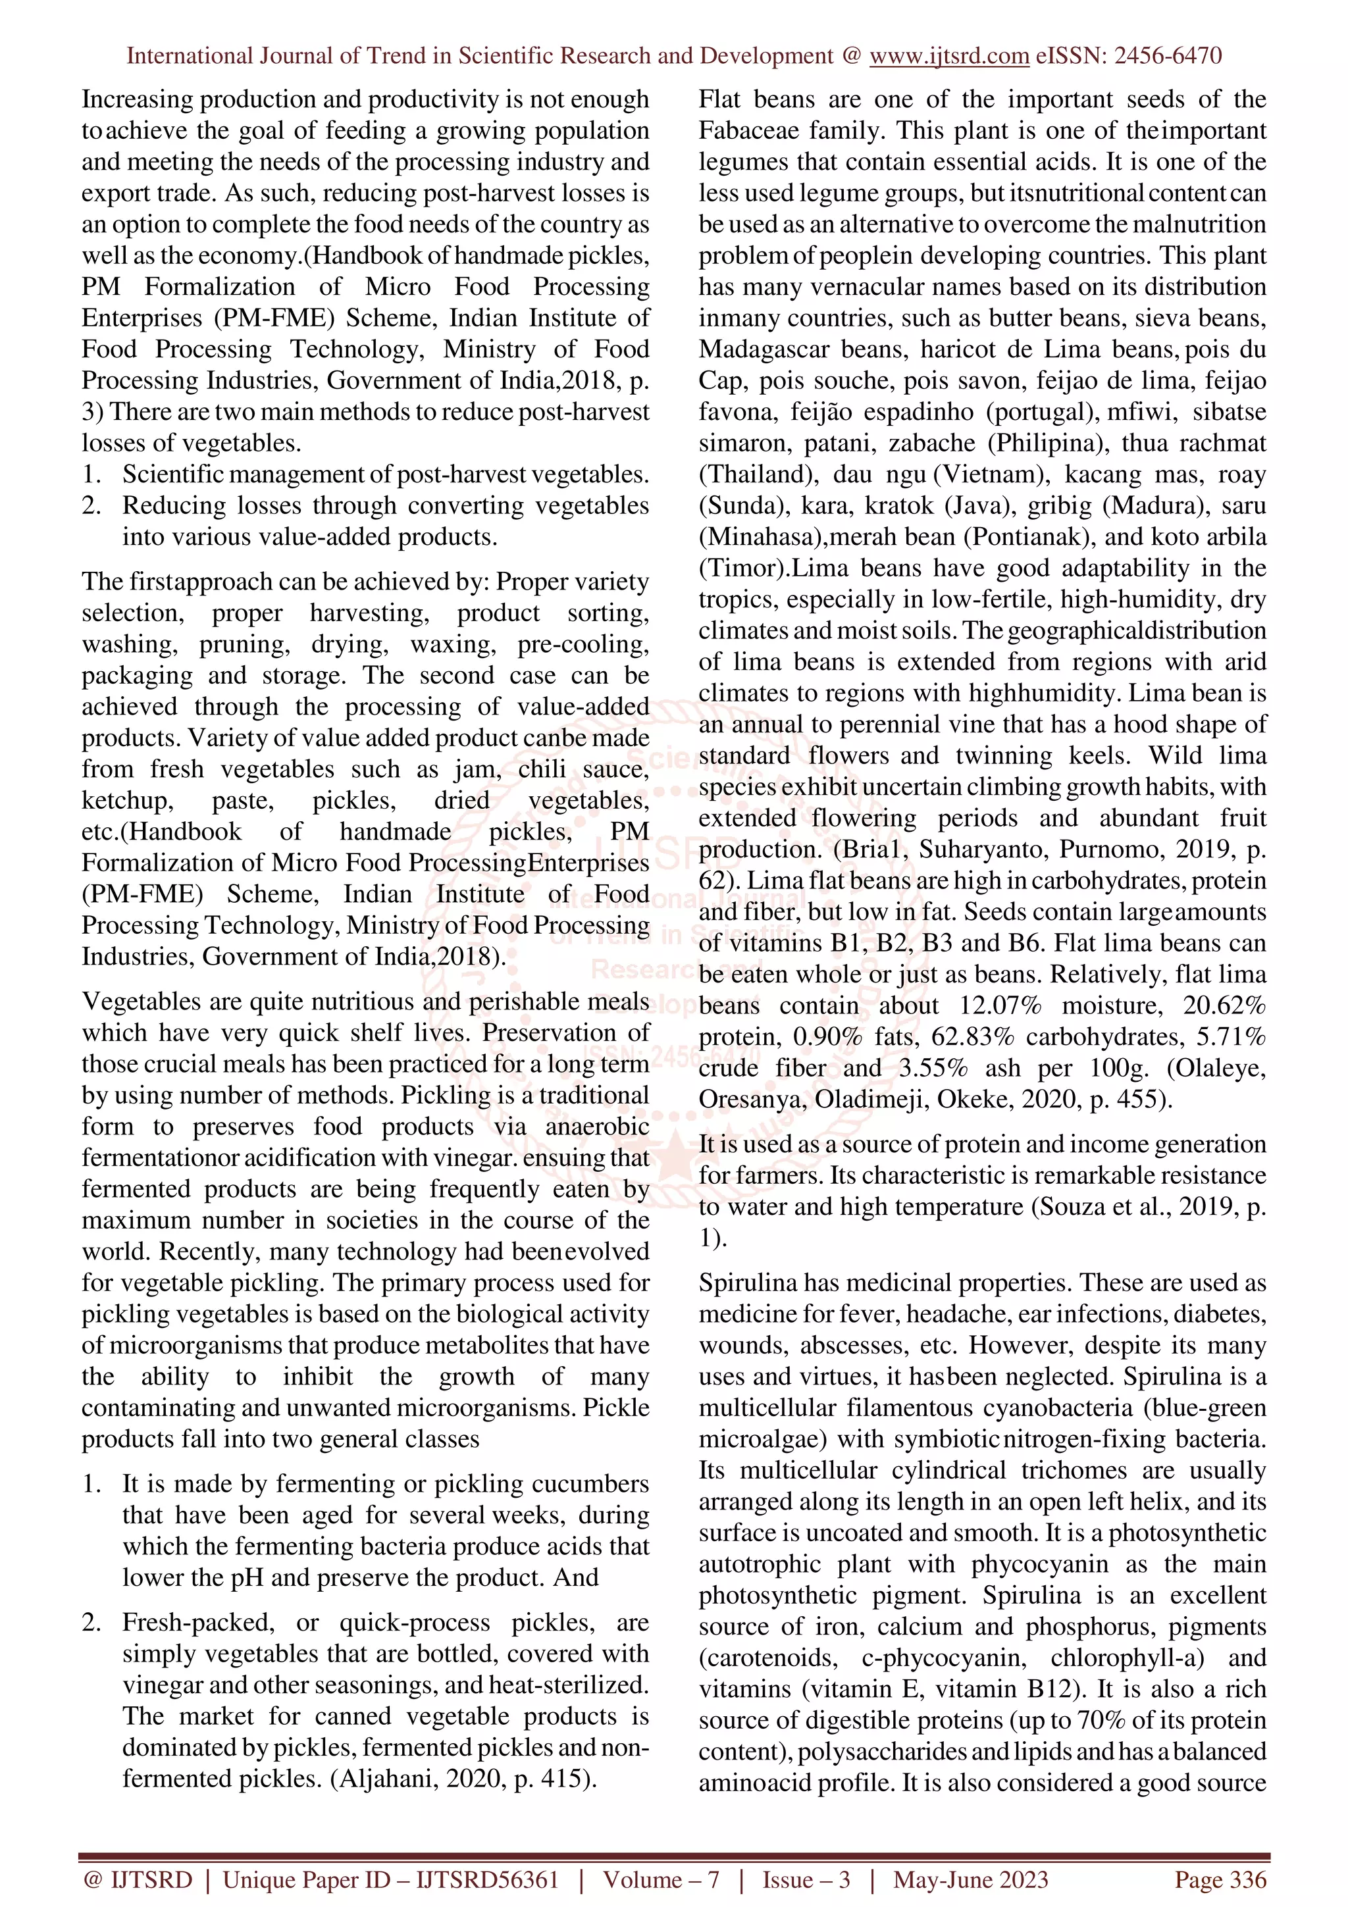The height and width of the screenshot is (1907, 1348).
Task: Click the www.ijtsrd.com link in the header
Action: pyautogui.click(x=949, y=57)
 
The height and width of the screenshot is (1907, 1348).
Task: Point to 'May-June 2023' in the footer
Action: pyautogui.click(x=970, y=1879)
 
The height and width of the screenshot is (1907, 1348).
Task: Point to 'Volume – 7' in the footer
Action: pyautogui.click(x=661, y=1879)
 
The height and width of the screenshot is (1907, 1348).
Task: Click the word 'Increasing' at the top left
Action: pyautogui.click(x=137, y=99)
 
